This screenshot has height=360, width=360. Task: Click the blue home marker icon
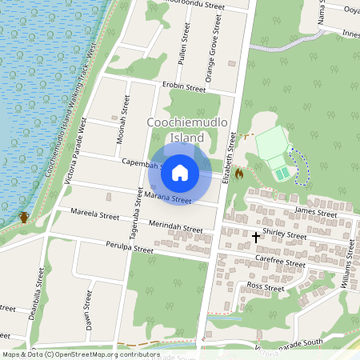coord(180,172)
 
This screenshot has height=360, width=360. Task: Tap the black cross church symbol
coord(256,237)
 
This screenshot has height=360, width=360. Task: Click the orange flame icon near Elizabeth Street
coord(238,172)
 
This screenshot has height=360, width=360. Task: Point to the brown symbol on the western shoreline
coord(25,217)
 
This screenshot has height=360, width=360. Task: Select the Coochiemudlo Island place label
coord(188,130)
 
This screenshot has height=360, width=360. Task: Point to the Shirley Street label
coord(284,236)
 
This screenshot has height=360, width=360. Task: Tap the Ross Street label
coord(266,286)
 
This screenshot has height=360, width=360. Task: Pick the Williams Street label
coord(347,271)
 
